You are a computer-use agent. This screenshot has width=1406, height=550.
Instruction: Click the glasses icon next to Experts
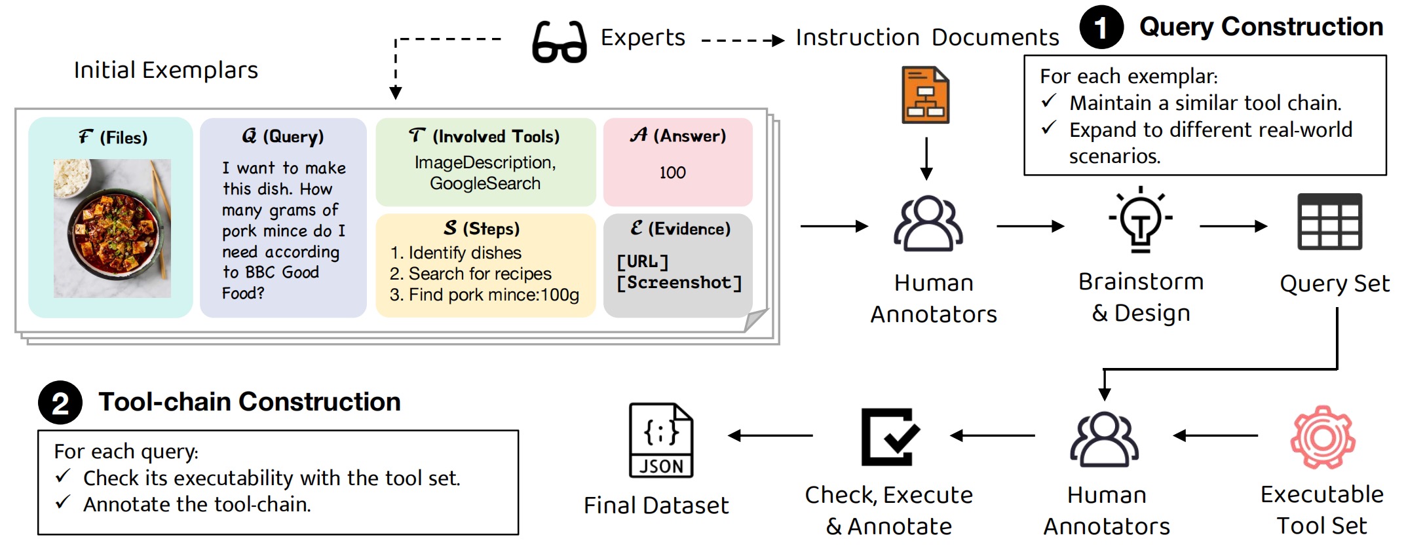point(559,42)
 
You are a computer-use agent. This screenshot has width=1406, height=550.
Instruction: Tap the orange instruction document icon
point(925,95)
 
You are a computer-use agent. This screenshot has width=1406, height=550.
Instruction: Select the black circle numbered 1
point(1101,27)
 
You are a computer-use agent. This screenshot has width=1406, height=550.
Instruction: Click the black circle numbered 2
point(60,403)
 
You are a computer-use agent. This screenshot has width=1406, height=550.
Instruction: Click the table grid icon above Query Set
point(1329,222)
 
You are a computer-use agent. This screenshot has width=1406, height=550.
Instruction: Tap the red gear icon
point(1322,437)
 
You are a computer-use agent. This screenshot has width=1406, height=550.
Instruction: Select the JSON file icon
point(660,440)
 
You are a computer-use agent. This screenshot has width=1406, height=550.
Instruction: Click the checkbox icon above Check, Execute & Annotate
point(889,437)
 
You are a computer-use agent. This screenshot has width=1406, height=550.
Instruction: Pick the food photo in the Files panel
point(112,229)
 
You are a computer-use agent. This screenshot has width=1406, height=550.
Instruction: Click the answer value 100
point(672,173)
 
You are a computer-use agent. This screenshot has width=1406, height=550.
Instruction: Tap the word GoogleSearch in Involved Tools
point(485,184)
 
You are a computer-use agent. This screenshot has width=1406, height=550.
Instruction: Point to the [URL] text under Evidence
point(642,262)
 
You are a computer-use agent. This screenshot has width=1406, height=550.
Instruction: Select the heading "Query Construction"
point(1261,27)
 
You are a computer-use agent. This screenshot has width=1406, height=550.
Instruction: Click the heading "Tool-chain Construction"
point(250,402)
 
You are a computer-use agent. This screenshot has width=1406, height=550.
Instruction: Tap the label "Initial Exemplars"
point(166,70)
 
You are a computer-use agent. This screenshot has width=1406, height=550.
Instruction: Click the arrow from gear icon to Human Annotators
point(1215,435)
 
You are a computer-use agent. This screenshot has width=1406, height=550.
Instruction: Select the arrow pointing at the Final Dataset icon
point(770,435)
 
